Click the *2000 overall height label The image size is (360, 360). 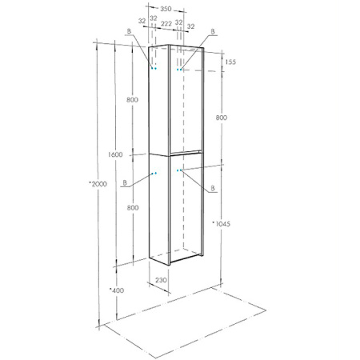pyautogui.click(x=98, y=185)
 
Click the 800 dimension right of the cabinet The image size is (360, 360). pyautogui.click(x=221, y=118)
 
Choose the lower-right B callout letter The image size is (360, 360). pyautogui.click(x=214, y=190)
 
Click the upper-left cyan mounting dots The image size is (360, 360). pyautogui.click(x=154, y=69)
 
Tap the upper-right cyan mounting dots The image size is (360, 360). pyautogui.click(x=180, y=70)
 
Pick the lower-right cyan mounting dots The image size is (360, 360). pyautogui.click(x=180, y=170)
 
